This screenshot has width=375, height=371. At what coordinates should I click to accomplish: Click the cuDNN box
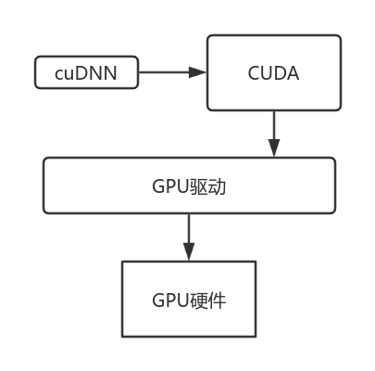click(86, 72)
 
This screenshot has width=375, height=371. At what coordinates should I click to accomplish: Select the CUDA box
click(274, 72)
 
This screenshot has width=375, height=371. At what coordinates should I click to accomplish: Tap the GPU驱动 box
click(189, 185)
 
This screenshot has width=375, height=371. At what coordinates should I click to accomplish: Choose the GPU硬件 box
click(189, 299)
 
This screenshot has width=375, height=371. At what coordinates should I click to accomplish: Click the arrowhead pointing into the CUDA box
click(197, 72)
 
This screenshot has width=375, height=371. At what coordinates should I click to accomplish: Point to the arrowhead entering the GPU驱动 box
click(274, 147)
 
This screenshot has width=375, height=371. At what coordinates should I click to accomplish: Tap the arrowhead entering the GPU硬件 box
click(189, 251)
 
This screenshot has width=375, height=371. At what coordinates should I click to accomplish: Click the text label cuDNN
click(86, 73)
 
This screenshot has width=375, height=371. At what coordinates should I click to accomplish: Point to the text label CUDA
click(273, 73)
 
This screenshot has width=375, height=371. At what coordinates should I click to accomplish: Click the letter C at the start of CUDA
click(254, 73)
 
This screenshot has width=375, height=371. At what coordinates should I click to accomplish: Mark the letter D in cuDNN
click(81, 73)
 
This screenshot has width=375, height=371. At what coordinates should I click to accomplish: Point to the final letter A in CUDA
click(293, 73)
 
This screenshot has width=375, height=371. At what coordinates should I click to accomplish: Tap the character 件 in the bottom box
click(218, 301)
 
